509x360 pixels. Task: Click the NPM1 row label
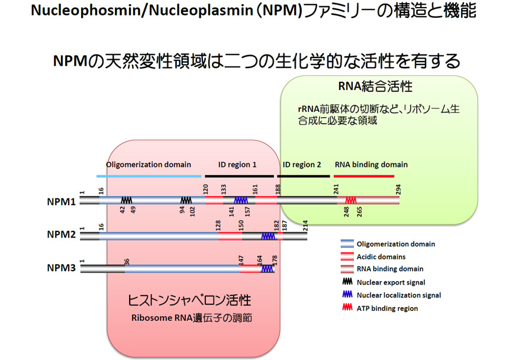[60, 201]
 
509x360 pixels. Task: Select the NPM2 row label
[60, 234]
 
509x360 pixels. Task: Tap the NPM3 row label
[60, 268]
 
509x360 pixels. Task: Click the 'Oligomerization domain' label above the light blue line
[149, 165]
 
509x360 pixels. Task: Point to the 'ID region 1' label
[237, 165]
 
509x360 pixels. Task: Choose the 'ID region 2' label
[302, 165]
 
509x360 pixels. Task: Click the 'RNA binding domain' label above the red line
[371, 165]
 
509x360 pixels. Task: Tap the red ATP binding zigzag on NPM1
[350, 201]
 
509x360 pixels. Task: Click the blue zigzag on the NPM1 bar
[240, 201]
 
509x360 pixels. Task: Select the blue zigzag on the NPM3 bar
[267, 268]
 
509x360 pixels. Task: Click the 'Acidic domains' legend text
[381, 256]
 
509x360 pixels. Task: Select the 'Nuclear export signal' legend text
[391, 282]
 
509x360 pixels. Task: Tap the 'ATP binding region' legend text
[387, 308]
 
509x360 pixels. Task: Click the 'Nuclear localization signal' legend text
[398, 295]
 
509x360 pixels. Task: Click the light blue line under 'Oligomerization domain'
[149, 176]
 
